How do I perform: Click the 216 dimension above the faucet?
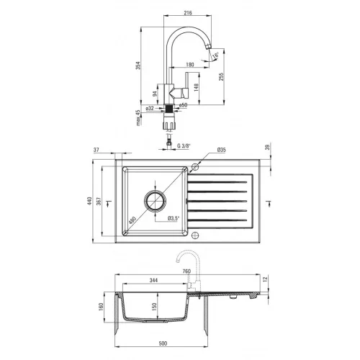(x=188, y=12)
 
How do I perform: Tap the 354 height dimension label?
(x=138, y=66)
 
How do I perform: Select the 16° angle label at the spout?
(x=215, y=55)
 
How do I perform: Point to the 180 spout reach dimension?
(x=190, y=64)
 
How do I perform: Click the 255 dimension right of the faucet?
(x=221, y=76)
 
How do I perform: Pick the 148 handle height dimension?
(x=196, y=87)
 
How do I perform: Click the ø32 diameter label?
(x=150, y=108)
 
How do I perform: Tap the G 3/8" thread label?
(x=184, y=145)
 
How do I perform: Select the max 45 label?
(x=138, y=118)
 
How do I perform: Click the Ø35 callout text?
(x=221, y=150)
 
